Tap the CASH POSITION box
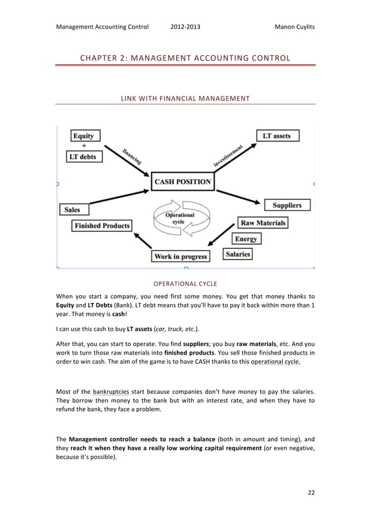(182, 181)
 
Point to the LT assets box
(277, 136)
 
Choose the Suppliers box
(287, 205)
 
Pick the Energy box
(245, 239)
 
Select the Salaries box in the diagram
(237, 254)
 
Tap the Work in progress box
(181, 256)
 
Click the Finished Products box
(102, 226)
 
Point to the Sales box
(73, 209)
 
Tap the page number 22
(311, 493)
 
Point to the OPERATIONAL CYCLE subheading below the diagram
(185, 284)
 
